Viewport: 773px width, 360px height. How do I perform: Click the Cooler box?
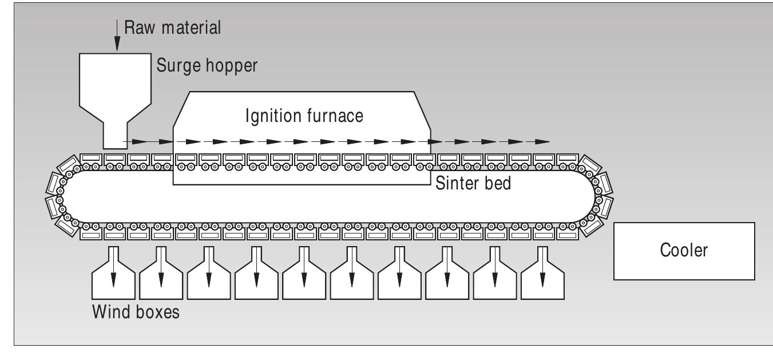(x=684, y=251)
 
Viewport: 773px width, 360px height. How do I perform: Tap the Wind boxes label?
(x=135, y=313)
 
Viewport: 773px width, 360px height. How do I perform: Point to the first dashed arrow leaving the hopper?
(x=135, y=141)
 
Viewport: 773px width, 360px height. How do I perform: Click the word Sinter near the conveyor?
(x=452, y=183)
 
